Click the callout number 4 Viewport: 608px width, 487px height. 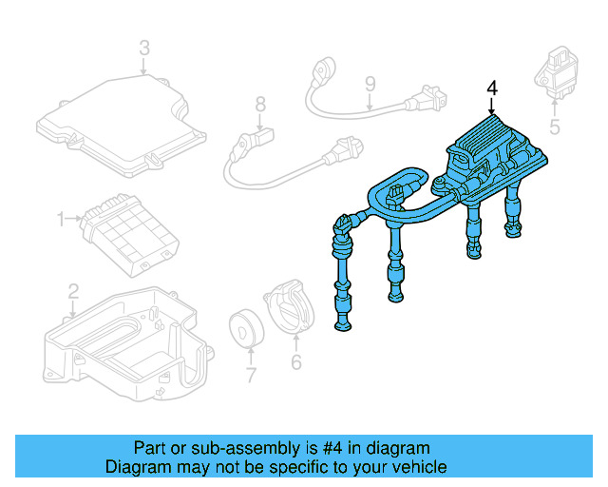(492, 88)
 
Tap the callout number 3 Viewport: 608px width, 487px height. (144, 47)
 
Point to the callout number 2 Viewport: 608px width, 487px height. (73, 290)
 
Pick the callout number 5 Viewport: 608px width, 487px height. (556, 124)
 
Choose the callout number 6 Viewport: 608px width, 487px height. (295, 361)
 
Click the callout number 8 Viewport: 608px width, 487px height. (259, 105)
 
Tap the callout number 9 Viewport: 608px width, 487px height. (370, 88)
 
